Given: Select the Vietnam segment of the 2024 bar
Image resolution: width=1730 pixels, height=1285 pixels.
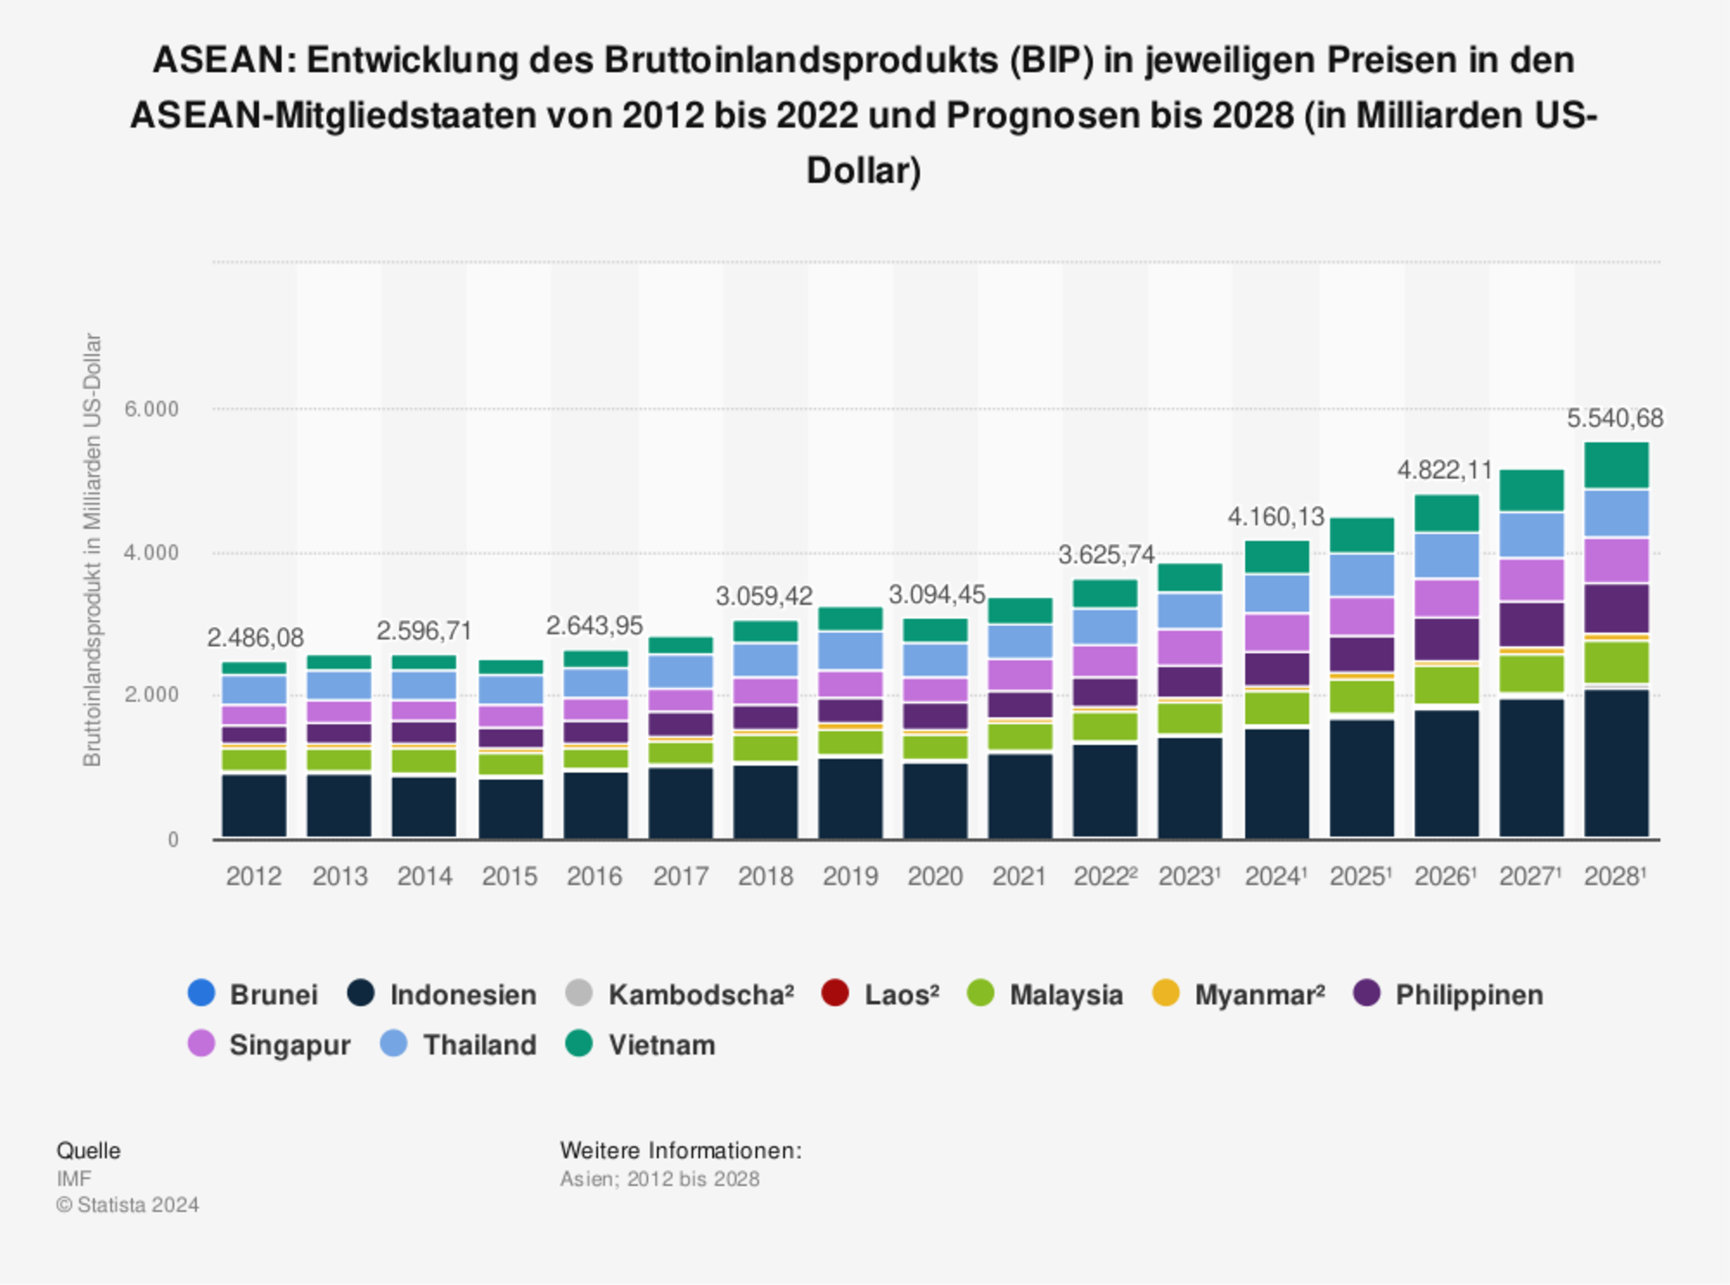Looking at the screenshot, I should pos(1276,557).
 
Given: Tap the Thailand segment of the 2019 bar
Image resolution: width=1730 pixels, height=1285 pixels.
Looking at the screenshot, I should pos(850,651).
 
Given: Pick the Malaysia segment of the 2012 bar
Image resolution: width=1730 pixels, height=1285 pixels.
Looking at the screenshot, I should pos(253,760).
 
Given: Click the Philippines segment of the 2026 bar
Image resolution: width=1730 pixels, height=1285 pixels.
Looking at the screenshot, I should pos(1446,639).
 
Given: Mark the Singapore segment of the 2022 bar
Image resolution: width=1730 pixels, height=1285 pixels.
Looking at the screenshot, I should pos(1105,661).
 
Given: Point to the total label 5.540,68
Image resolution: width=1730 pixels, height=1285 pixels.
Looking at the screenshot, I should pos(1614,418).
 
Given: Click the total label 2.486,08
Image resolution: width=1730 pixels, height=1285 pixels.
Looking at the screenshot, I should pos(255,637).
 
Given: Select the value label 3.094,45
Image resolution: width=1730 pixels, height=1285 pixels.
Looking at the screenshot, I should pos(936,595).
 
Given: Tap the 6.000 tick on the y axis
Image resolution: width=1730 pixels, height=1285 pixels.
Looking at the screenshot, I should pos(152,410).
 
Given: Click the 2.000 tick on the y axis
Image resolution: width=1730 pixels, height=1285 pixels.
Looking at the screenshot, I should pos(152,695).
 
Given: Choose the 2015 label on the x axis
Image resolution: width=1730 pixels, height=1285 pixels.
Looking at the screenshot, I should pos(509,876).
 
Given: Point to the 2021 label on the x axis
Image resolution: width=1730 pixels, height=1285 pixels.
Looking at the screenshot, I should pos(1020,876).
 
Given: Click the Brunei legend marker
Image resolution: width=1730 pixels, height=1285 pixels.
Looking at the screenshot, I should pos(201,993).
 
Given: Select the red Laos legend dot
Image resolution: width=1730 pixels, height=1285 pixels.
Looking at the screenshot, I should pos(835,993).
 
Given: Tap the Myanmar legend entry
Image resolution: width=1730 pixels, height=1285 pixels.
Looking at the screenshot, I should pos(1238,994).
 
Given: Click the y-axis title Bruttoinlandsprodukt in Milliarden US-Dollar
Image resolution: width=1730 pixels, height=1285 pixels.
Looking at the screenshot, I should pos(92,550).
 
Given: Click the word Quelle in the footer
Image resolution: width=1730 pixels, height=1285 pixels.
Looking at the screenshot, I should pos(88,1151).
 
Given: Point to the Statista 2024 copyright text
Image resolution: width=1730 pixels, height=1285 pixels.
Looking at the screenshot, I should pos(128,1205).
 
